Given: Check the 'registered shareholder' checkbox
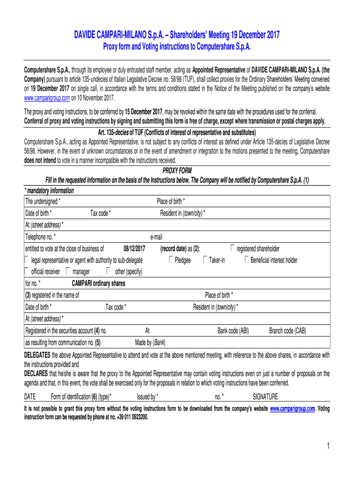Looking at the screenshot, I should [233, 248].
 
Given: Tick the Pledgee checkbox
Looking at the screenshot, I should [171, 260].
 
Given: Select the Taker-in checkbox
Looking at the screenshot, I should [205, 260].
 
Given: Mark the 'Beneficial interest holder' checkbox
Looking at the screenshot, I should [246, 260].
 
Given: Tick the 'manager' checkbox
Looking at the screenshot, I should [68, 271].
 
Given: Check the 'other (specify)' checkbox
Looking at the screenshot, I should [108, 271].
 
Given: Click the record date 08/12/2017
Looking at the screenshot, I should [135, 248].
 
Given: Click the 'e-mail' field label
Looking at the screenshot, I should [156, 237].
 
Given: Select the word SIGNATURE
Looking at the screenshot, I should [265, 397].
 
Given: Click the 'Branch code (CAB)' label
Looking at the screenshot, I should [288, 331].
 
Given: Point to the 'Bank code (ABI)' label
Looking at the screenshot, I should [233, 331].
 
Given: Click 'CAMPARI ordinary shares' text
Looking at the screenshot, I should [98, 283].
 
